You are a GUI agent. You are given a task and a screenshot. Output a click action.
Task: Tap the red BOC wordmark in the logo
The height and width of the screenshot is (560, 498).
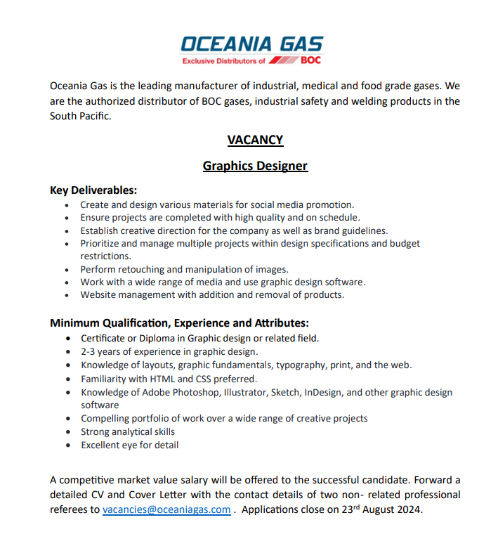[310, 60]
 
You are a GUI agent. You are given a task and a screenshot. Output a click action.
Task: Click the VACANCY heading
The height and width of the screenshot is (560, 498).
[255, 140]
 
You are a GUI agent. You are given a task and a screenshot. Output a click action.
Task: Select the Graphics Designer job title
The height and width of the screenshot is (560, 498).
[255, 167]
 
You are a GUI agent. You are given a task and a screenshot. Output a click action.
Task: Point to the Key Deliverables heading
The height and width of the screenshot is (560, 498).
[93, 190]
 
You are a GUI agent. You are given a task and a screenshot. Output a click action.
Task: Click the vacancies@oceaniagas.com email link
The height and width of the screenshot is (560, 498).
[166, 509]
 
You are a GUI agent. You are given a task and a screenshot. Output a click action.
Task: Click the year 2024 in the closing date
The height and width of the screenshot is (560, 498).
[409, 509]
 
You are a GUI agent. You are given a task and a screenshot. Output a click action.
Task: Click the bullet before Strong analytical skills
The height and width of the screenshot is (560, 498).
[66, 432]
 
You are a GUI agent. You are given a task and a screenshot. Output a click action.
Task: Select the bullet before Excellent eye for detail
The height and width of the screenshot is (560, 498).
[66, 445]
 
